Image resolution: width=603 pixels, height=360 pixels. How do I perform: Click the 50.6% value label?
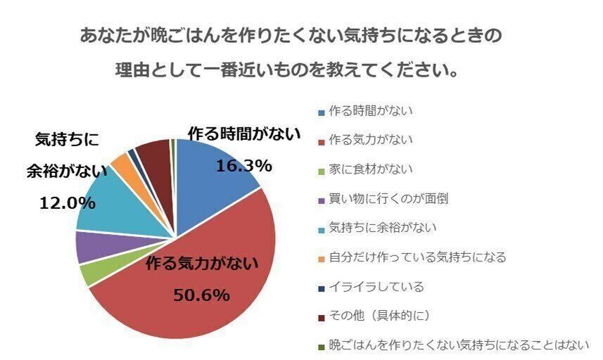click(201, 295)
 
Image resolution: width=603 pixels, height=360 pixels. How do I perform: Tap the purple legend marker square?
click(322, 200)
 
